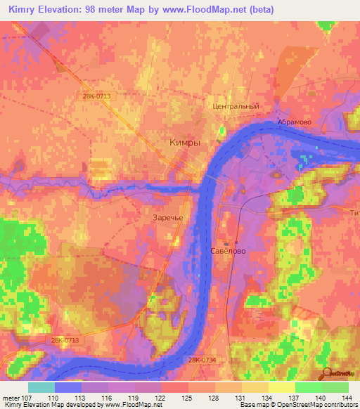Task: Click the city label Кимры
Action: (x=185, y=142)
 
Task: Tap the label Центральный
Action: (x=236, y=106)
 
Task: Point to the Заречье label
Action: (x=167, y=217)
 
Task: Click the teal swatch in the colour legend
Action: (x=41, y=387)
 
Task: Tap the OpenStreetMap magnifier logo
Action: (x=325, y=373)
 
